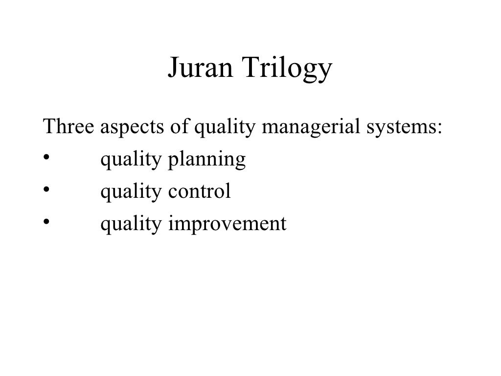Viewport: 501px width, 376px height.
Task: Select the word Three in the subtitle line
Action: tap(68, 128)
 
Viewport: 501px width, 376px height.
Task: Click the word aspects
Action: tap(132, 129)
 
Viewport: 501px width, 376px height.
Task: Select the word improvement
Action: tap(227, 224)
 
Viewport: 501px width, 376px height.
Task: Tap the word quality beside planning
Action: tap(131, 161)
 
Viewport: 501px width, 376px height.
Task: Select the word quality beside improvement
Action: tap(131, 224)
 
